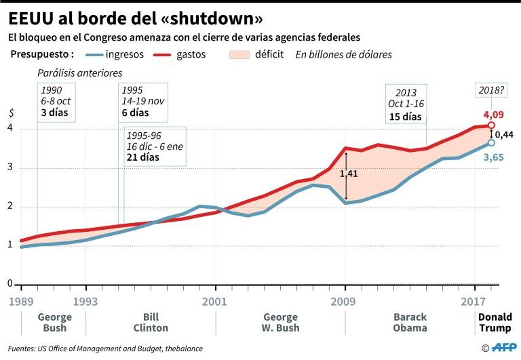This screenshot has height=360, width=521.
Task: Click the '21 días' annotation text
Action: tap(142, 157)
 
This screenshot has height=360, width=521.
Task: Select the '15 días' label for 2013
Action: tap(406, 117)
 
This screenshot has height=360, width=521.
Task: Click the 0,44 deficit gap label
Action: tap(503, 134)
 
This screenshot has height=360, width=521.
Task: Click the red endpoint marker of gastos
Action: tap(490, 125)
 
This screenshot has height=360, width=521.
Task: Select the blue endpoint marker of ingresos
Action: tap(490, 142)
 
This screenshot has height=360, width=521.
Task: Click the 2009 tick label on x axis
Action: tap(345, 300)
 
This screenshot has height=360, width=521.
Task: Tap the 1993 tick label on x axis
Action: tap(86, 300)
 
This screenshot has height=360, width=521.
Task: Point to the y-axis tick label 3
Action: tap(10, 169)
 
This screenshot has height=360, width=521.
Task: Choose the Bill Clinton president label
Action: tap(152, 322)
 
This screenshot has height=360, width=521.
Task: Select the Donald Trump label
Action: tap(495, 322)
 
